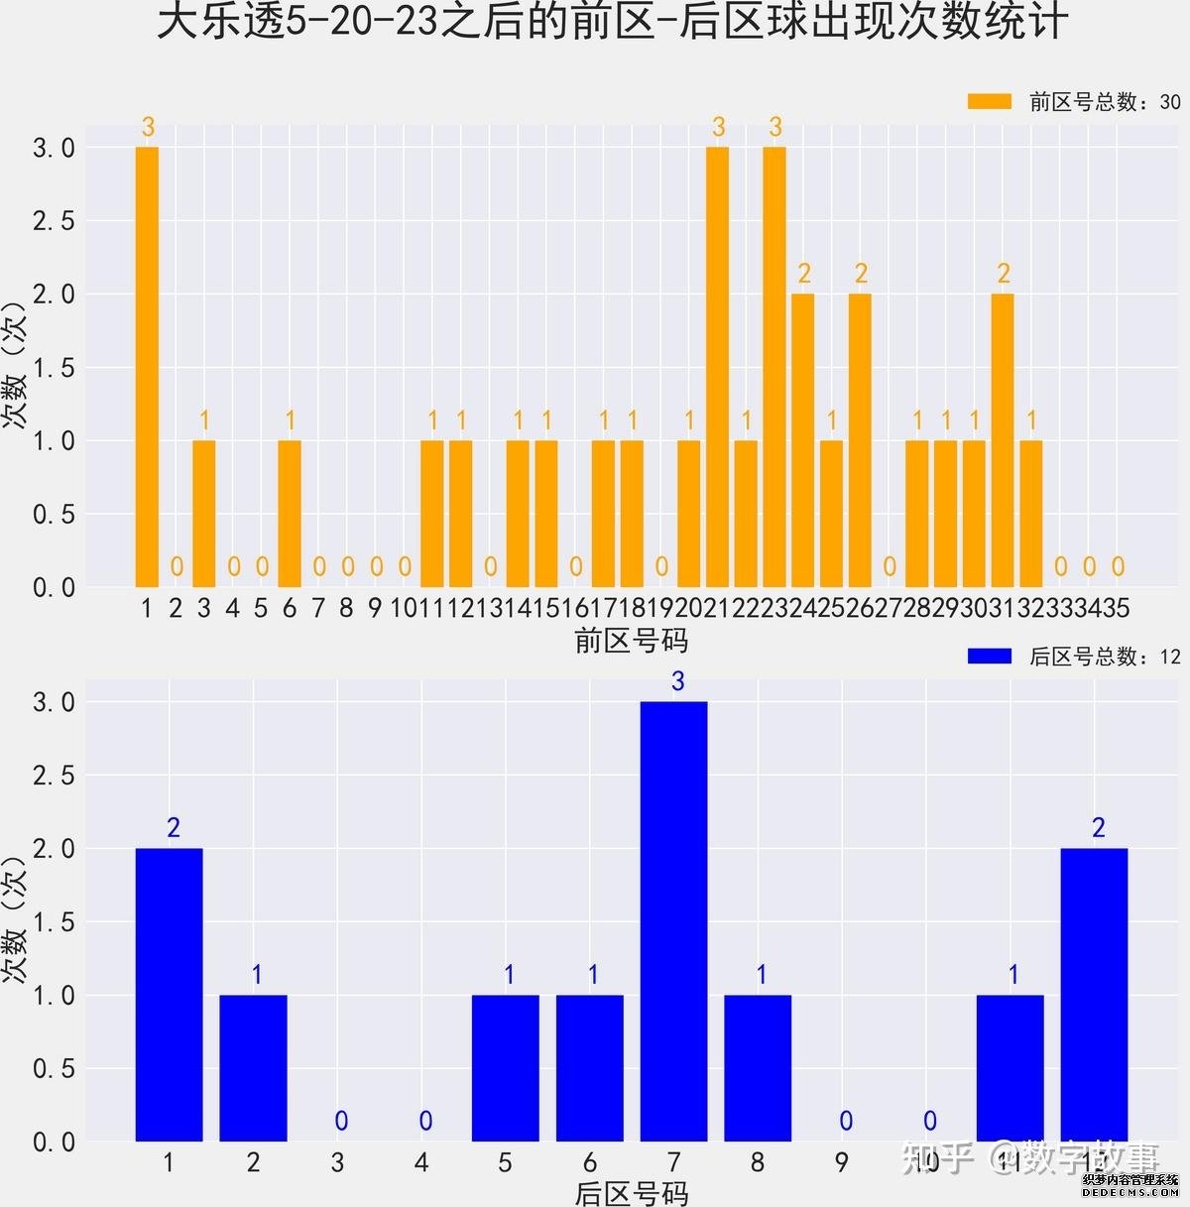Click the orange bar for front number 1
pos(147,367)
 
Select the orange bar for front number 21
pos(718,367)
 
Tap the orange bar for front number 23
pos(774,367)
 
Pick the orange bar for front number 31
pos(1003,440)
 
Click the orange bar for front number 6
pos(290,514)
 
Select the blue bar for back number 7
pos(674,921)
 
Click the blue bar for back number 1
pos(170,995)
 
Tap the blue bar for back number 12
pos(1094,995)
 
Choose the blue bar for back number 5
pos(506,1068)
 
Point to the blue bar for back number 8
pos(758,1068)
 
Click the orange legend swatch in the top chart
pos(990,101)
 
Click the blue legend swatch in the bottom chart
pos(990,656)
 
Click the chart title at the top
pos(613,22)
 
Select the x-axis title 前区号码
pos(632,641)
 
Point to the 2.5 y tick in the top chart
pos(54,220)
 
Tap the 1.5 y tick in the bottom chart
pos(54,921)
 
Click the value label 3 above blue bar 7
pos(678,681)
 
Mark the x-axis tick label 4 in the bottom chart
pos(421,1161)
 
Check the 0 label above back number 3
pos(341,1122)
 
